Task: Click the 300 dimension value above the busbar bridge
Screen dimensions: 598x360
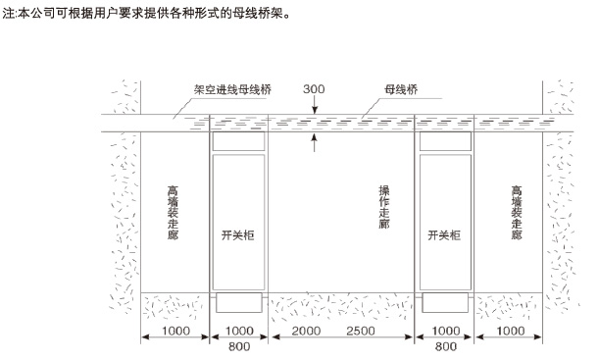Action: click(314, 88)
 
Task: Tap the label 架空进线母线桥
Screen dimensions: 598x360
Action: click(232, 88)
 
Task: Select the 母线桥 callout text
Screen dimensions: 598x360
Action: click(401, 88)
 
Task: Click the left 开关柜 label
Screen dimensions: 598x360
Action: click(237, 236)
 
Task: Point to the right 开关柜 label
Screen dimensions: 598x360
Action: click(445, 236)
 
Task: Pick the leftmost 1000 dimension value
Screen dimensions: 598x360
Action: click(176, 332)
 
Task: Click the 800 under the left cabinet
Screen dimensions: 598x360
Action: click(238, 346)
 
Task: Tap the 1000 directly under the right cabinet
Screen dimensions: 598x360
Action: click(446, 332)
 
